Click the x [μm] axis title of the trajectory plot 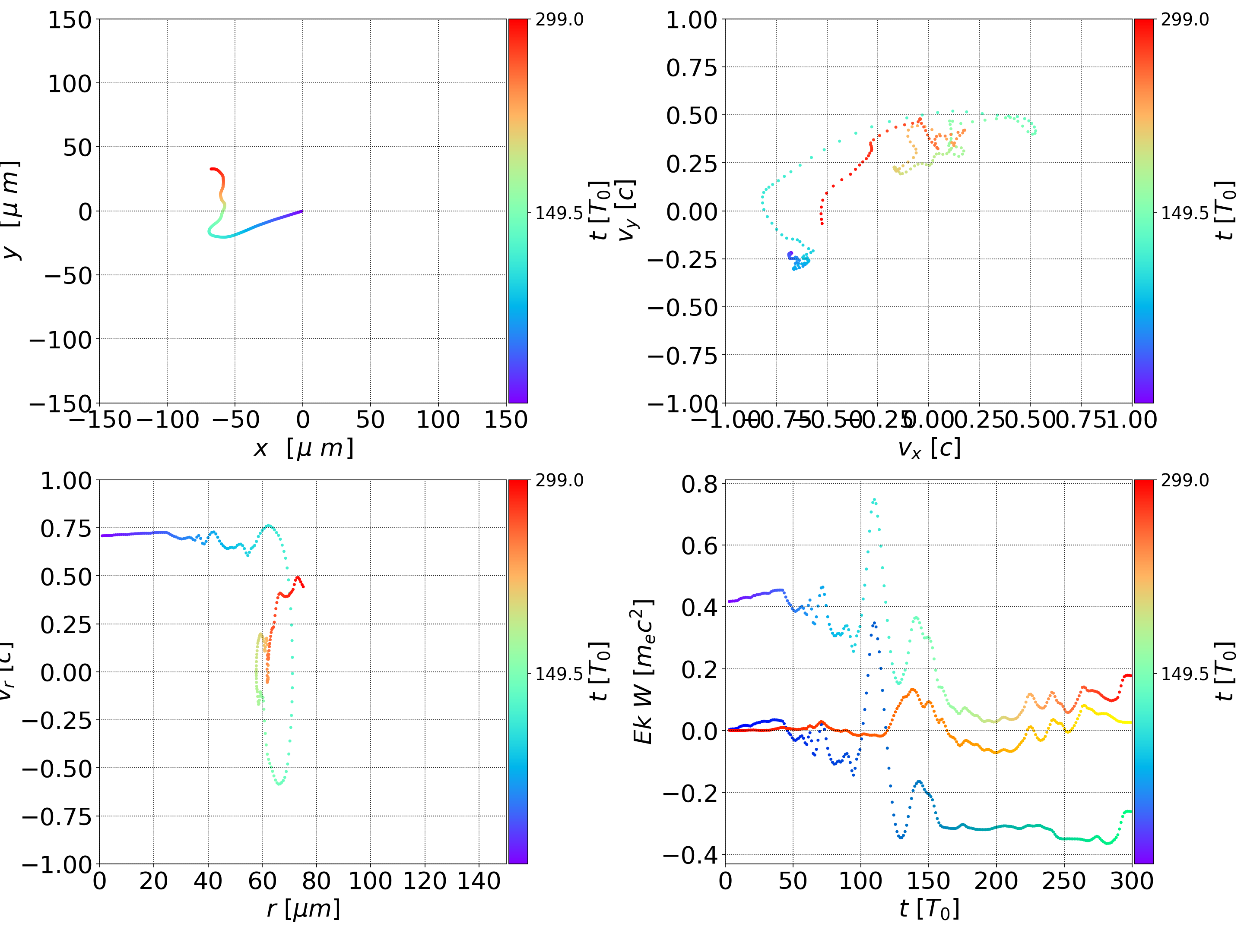[x=303, y=448]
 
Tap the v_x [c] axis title [x=929, y=448]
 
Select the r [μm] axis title [x=303, y=909]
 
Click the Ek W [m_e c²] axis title [x=643, y=671]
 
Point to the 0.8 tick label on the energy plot [x=700, y=484]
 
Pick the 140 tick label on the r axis [x=479, y=881]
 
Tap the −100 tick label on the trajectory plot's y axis [x=60, y=340]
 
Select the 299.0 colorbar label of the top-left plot [x=559, y=20]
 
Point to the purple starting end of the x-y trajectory [x=302, y=211]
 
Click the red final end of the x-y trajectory [x=212, y=169]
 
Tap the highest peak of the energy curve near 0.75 [x=873, y=499]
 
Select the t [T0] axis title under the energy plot [x=929, y=909]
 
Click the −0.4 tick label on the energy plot [x=691, y=855]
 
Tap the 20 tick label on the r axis [x=153, y=881]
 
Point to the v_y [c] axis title [x=626, y=211]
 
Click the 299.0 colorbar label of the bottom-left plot [x=559, y=480]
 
